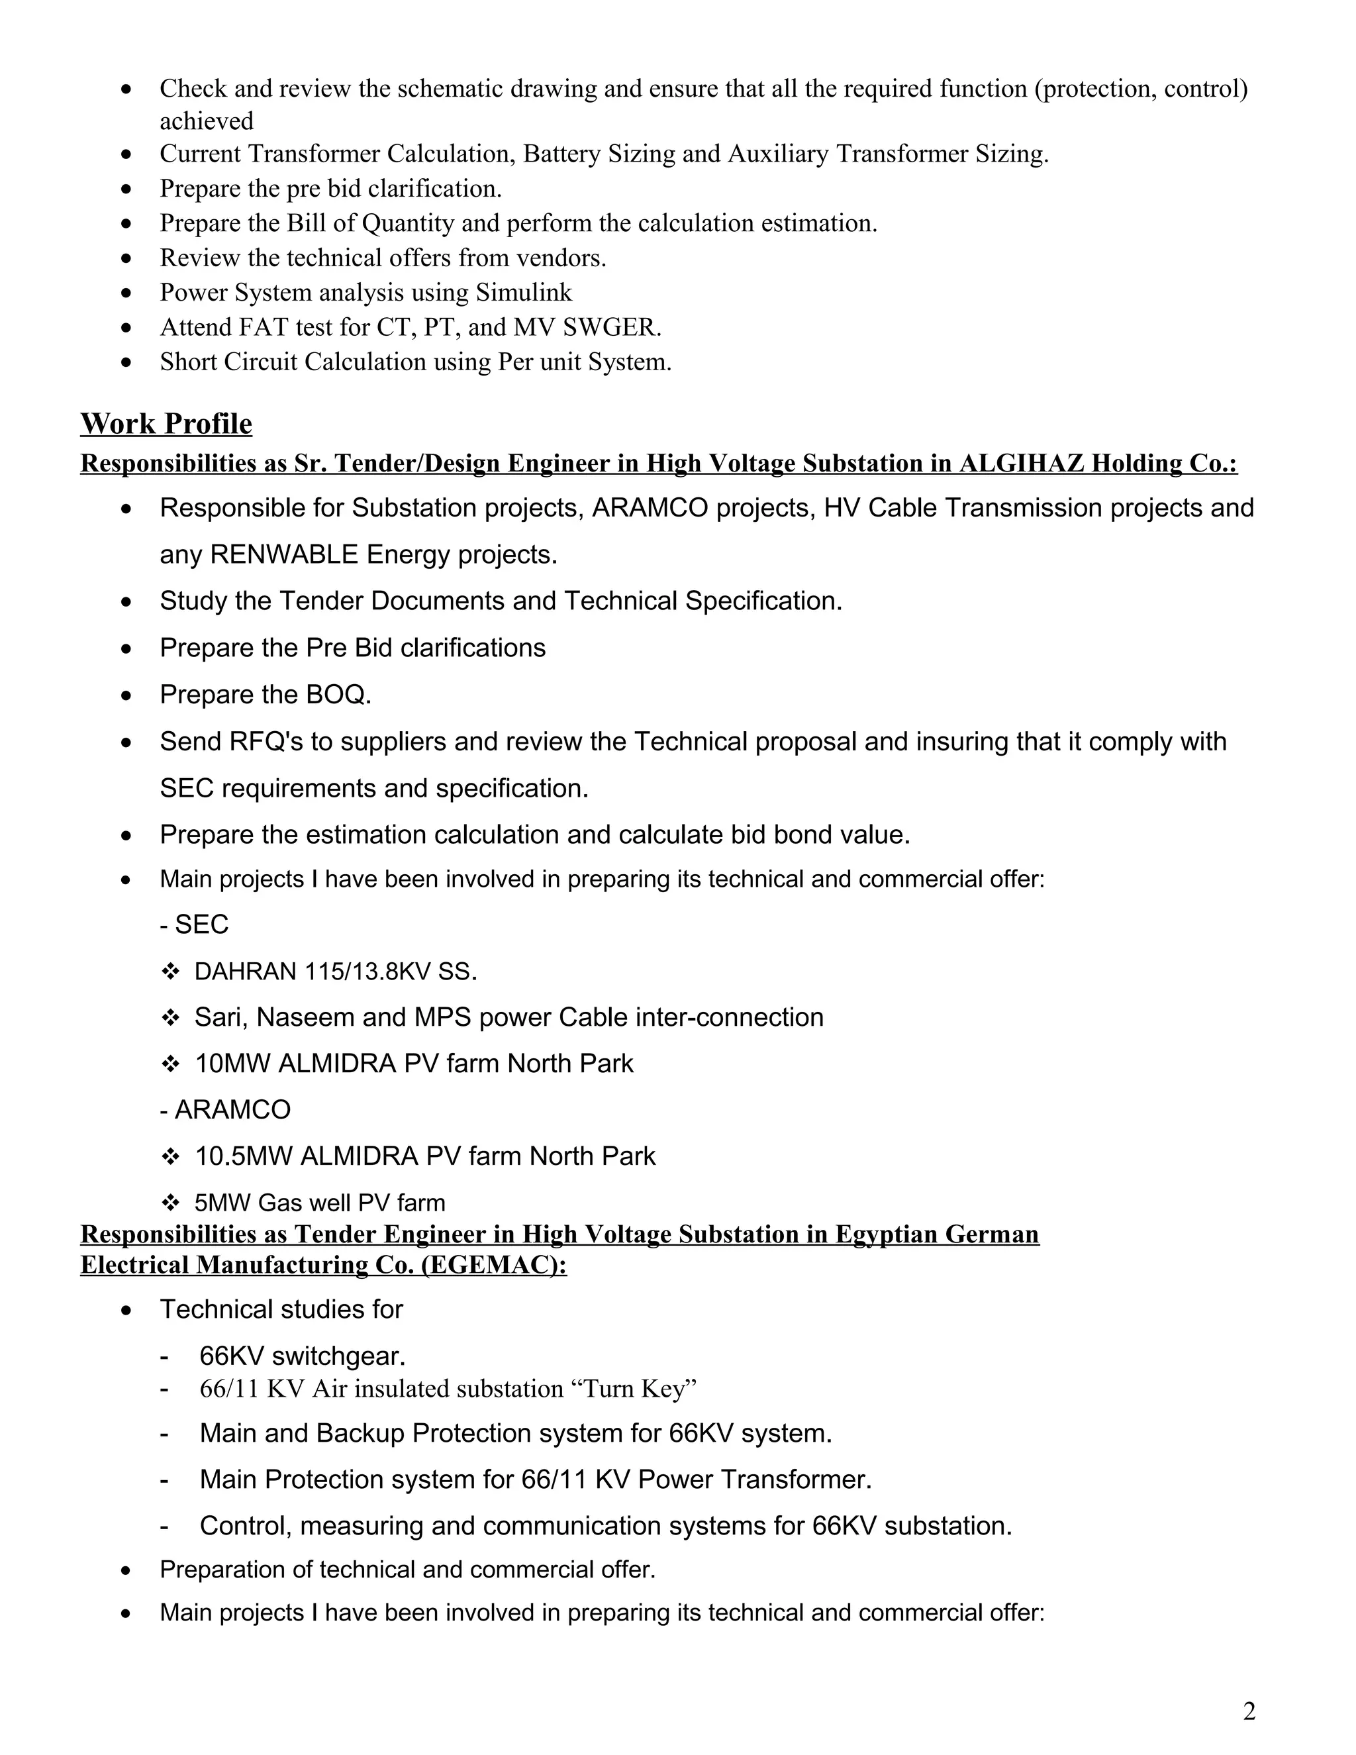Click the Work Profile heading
point(166,423)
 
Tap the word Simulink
point(524,293)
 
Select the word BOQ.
point(338,694)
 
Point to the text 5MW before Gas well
point(222,1203)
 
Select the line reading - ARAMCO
point(225,1110)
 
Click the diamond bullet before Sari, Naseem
point(169,1018)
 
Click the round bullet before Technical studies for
point(126,1311)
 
